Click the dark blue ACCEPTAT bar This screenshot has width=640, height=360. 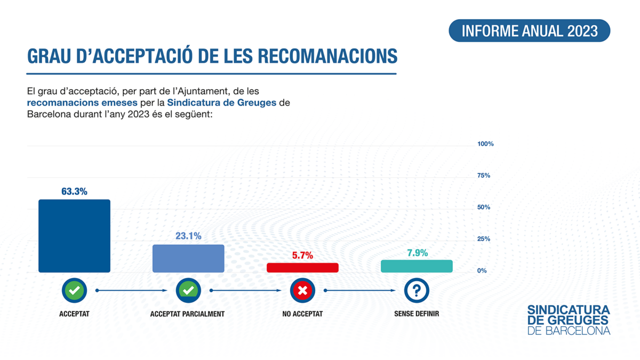click(74, 236)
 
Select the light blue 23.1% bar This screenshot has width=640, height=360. click(188, 259)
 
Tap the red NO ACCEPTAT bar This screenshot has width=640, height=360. click(302, 268)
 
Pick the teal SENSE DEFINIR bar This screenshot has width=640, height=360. click(417, 266)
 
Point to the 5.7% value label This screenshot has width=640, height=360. click(302, 255)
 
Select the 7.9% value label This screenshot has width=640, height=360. click(418, 253)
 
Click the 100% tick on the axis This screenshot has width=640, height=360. click(485, 144)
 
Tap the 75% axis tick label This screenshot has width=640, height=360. click(484, 175)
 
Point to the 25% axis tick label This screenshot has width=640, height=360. click(484, 239)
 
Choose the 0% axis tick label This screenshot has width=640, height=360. click(482, 270)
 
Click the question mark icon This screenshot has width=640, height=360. click(417, 291)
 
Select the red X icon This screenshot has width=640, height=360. click(302, 291)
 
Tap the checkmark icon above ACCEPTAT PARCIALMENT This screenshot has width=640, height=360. click(188, 291)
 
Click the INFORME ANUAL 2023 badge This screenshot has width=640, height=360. click(530, 30)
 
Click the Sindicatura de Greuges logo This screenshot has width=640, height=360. click(569, 320)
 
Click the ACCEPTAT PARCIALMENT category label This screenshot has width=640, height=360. click(187, 314)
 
